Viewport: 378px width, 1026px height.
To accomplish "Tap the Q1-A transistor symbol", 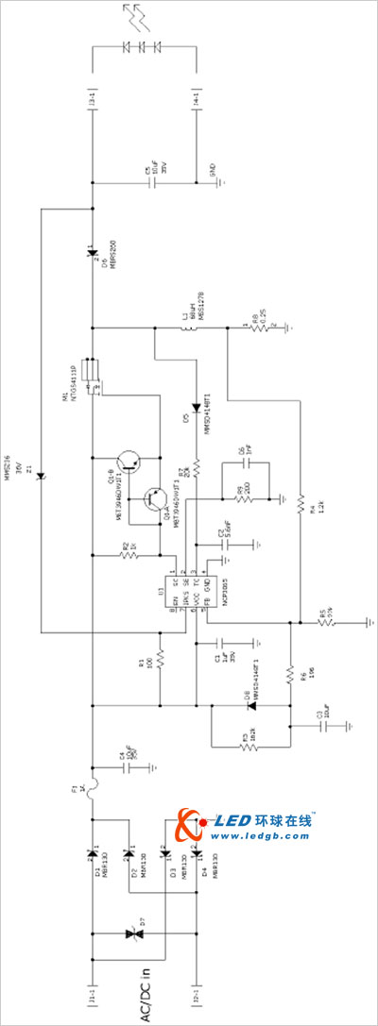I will click(x=153, y=501).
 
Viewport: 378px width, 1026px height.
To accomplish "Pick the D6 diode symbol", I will click(x=92, y=252).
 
